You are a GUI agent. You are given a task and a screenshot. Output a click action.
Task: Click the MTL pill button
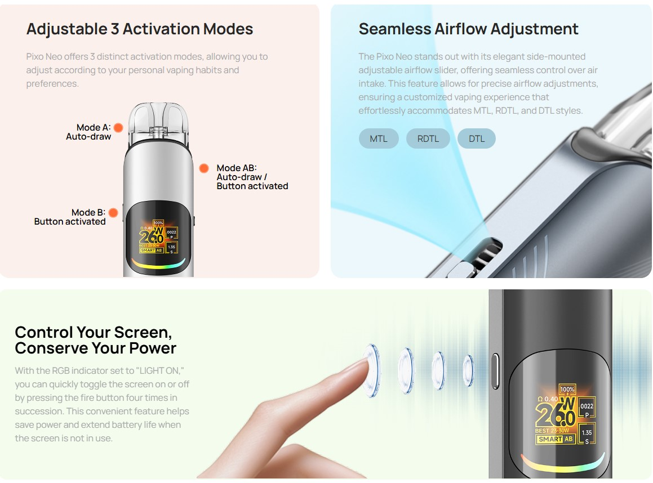coord(379,138)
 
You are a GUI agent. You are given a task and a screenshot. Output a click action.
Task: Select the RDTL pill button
coord(428,138)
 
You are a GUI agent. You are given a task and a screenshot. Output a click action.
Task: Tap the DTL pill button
coord(476,138)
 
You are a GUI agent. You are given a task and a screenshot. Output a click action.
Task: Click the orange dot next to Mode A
coord(118,128)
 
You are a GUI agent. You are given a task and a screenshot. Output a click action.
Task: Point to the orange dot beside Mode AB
coord(205,168)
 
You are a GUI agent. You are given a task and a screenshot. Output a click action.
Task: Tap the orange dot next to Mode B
coord(113,213)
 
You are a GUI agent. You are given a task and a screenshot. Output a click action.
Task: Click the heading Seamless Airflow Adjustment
coord(468,29)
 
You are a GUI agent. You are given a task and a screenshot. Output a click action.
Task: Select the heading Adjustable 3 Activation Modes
coord(140,29)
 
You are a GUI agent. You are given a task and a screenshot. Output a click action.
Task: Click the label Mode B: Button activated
coord(70,217)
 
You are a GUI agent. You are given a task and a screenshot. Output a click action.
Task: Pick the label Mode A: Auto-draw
coord(89,132)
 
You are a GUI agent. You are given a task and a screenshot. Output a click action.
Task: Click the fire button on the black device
coord(496,371)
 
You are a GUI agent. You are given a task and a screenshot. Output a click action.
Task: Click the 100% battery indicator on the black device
coord(567,389)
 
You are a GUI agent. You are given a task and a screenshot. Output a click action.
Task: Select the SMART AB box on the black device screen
coord(554,439)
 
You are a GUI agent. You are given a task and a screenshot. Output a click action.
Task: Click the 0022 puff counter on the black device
coord(587,406)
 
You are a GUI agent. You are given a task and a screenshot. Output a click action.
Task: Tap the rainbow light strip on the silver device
coord(158,263)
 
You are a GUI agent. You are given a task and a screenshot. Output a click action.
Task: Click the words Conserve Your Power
coord(95,348)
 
